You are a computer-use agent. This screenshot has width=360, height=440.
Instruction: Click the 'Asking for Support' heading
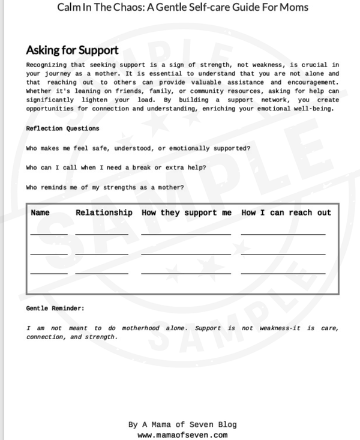point(72,50)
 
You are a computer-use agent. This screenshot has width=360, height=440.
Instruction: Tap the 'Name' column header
point(40,212)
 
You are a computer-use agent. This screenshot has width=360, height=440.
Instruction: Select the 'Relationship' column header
point(104,212)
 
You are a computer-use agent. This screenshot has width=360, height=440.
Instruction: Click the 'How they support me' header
point(186,212)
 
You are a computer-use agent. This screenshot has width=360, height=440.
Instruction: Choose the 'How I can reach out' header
point(286,212)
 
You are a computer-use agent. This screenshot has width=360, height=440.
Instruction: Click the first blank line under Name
point(49,234)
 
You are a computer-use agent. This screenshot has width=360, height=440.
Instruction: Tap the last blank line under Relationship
point(101,273)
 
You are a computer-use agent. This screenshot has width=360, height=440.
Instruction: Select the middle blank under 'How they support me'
point(186,254)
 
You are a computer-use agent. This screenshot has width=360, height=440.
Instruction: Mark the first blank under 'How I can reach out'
point(283,234)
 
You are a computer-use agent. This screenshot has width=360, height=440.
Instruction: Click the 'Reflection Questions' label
point(63,128)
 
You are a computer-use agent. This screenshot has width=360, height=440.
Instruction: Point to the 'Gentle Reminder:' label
point(55,308)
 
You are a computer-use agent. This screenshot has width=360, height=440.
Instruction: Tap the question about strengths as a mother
point(105,187)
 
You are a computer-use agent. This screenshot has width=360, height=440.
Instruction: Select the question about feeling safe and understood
point(138,148)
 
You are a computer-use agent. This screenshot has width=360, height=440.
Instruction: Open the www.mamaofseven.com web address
point(182,435)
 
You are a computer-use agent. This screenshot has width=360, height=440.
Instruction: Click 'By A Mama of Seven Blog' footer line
point(182,424)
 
